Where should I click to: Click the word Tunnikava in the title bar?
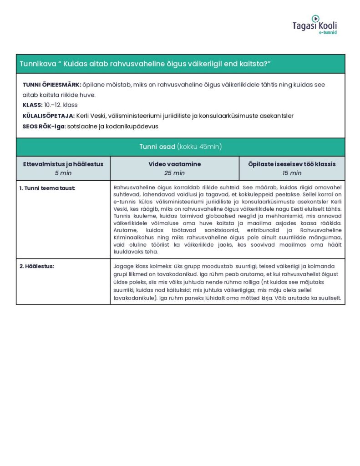(x=35, y=64)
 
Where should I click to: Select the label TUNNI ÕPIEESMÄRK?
(x=51, y=85)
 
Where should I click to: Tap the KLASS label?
(x=32, y=105)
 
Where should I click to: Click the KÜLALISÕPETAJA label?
(x=48, y=116)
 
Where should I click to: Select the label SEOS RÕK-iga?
(x=44, y=126)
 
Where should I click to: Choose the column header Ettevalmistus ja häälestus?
(x=63, y=164)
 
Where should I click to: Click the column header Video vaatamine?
(x=174, y=164)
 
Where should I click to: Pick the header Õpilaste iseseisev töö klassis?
(x=292, y=164)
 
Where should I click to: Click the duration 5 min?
(x=63, y=173)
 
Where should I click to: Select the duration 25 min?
(x=174, y=173)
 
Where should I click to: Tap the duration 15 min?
(x=292, y=173)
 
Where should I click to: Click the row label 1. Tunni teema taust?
(x=47, y=188)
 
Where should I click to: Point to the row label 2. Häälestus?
(x=36, y=266)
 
